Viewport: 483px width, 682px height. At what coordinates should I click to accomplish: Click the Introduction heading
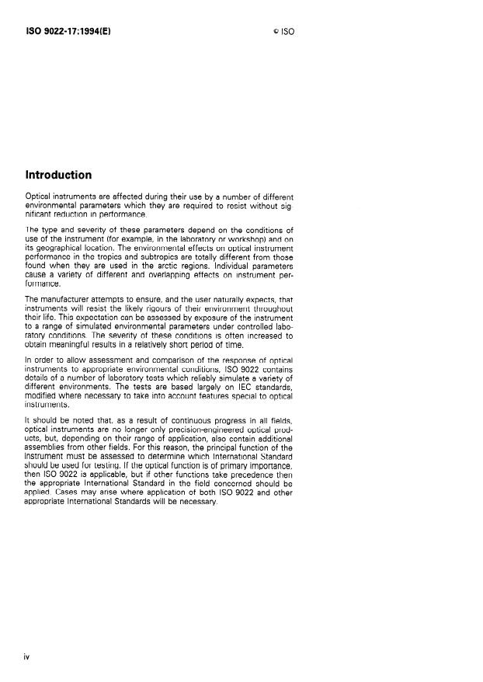(58, 175)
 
